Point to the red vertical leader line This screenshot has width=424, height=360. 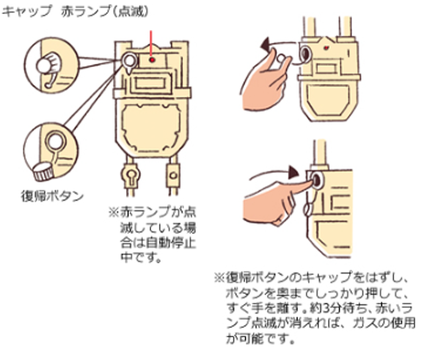[151, 43]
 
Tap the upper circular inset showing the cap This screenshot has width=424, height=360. [49, 64]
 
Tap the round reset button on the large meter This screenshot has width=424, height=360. [130, 59]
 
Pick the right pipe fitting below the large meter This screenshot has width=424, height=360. [174, 177]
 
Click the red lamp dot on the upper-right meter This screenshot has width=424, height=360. [323, 46]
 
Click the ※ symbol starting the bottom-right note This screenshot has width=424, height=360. [218, 277]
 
